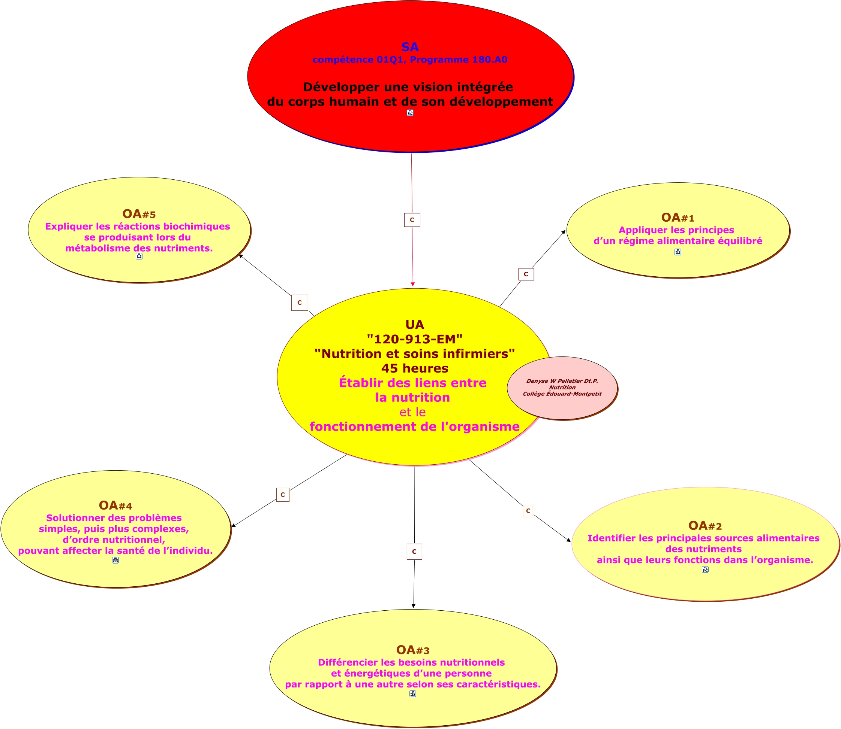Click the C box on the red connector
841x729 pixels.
click(x=412, y=220)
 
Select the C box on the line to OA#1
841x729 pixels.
click(x=526, y=274)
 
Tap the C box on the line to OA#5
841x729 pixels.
click(x=299, y=303)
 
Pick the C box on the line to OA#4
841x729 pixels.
click(x=283, y=495)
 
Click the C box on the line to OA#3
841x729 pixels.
click(x=414, y=552)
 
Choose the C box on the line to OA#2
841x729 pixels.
click(x=528, y=511)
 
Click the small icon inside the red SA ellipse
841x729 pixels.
click(x=410, y=113)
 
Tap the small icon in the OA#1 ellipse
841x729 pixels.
click(x=678, y=252)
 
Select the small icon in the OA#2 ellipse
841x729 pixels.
click(x=705, y=569)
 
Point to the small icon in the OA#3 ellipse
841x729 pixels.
click(x=412, y=693)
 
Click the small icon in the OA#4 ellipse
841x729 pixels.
click(x=115, y=560)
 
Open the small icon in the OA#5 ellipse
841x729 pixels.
click(x=139, y=256)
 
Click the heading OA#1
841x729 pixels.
click(x=678, y=218)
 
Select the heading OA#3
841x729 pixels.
click(x=412, y=650)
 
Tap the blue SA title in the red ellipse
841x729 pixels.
click(x=410, y=47)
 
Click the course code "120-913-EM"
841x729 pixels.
click(x=415, y=339)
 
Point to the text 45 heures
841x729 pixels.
click(x=415, y=368)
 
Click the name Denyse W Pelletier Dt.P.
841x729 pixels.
click(x=562, y=381)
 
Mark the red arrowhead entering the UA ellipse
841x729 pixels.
click(x=412, y=284)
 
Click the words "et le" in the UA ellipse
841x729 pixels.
click(x=412, y=412)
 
